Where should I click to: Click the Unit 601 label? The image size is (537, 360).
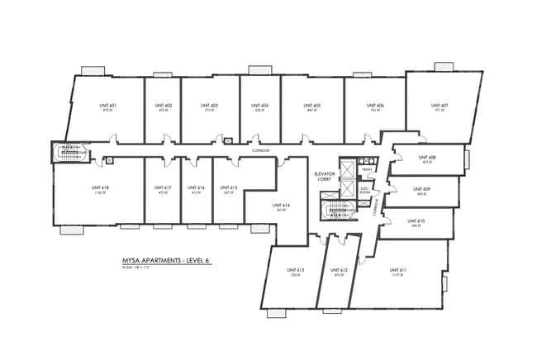(x=107, y=106)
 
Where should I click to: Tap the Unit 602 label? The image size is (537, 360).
(x=163, y=106)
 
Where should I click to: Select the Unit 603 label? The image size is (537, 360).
(x=209, y=106)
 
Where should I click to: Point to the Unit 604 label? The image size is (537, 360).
(x=260, y=106)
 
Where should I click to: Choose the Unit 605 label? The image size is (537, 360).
(x=311, y=106)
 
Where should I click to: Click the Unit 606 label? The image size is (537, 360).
(x=374, y=106)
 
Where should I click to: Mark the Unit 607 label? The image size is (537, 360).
(x=439, y=106)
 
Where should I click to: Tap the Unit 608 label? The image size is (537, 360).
(x=426, y=157)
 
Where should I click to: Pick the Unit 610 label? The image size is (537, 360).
(x=416, y=221)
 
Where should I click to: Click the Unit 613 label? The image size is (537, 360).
(x=296, y=270)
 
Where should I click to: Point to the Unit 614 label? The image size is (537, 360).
(x=281, y=206)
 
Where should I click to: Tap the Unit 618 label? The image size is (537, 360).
(x=100, y=188)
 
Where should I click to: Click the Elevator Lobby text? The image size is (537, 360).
(x=323, y=178)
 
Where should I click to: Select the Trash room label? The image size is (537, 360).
(x=367, y=170)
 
